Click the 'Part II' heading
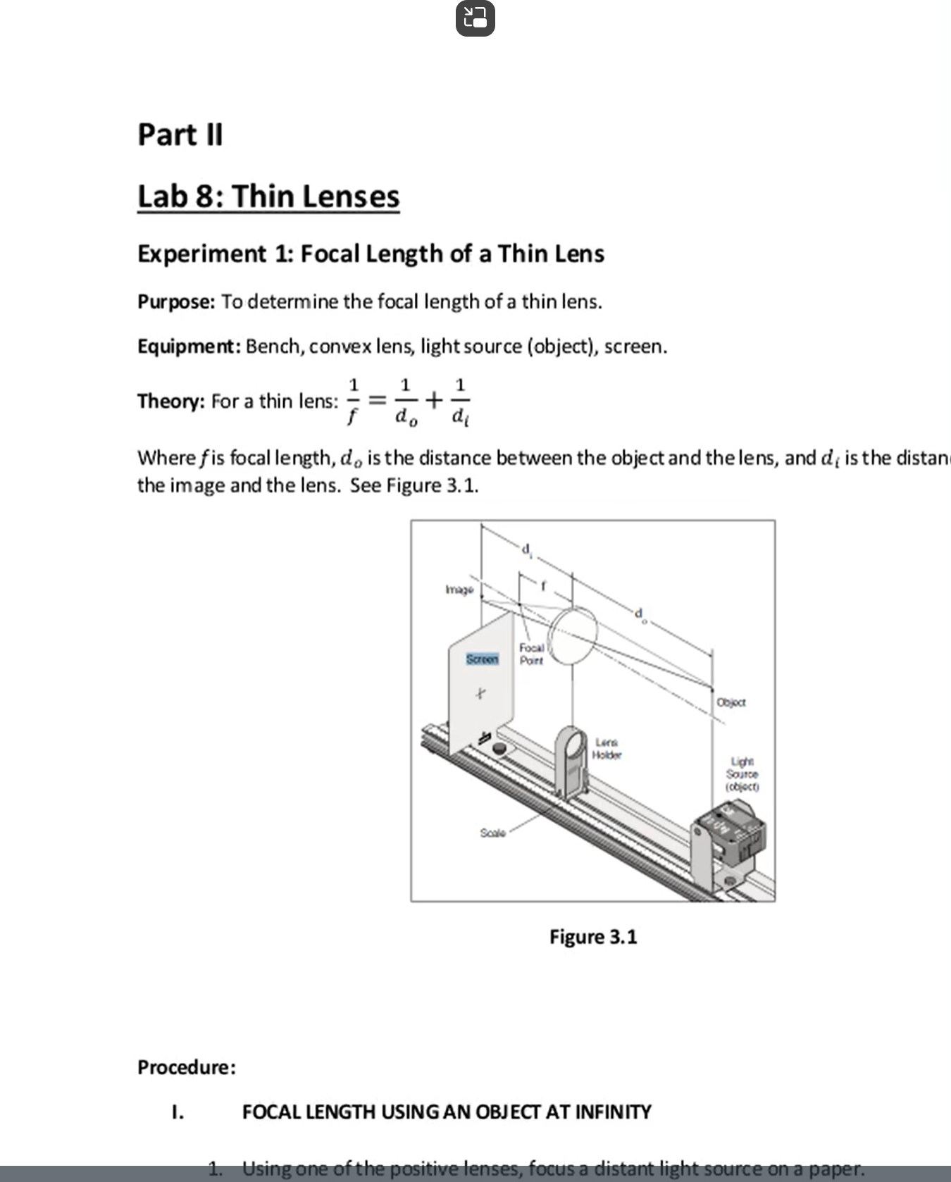[180, 135]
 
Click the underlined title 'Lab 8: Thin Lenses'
[268, 196]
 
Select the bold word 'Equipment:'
[189, 347]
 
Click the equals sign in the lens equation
[379, 400]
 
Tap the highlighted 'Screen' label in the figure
[482, 659]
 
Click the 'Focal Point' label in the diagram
[532, 654]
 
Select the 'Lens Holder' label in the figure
[607, 748]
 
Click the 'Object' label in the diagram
[731, 702]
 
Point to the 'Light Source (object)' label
[742, 773]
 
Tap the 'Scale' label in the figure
[492, 833]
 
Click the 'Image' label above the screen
[459, 589]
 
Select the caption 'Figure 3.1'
[593, 937]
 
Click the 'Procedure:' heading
[187, 1067]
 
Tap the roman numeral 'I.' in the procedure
[178, 1112]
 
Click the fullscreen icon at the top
[475, 19]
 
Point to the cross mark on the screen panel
[479, 694]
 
